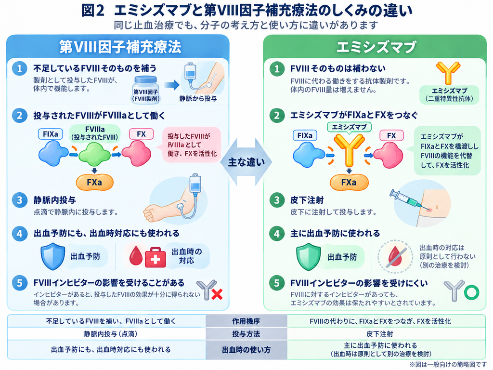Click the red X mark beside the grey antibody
tap(217, 294)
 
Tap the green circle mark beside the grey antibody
tap(471, 292)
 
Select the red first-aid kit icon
tap(156, 257)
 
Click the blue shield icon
tap(53, 256)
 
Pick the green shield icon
tap(309, 257)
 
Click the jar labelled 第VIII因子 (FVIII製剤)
tap(145, 90)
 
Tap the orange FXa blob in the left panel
tap(94, 182)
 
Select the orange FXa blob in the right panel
tap(349, 182)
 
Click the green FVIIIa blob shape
tap(94, 154)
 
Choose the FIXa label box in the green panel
tap(305, 135)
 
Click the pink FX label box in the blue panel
tap(141, 134)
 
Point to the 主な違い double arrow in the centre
tap(246, 162)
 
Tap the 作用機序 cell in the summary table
tap(246, 321)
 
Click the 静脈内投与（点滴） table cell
tap(111, 334)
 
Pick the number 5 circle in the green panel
tap(277, 283)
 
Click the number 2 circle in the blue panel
tap(19, 116)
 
